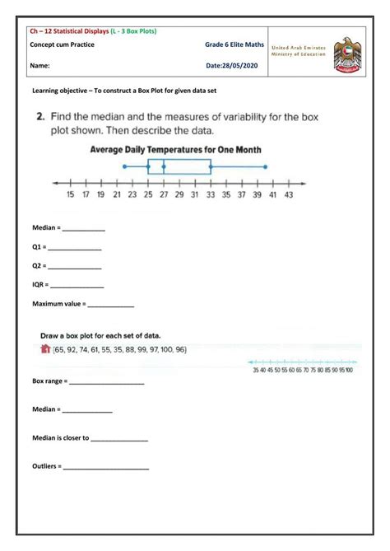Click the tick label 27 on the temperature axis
coord(163,195)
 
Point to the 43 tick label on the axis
coord(288,195)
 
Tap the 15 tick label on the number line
coord(70,195)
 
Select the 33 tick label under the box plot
coord(211,195)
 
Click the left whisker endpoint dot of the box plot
coord(124,166)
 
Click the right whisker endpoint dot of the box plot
coord(266,166)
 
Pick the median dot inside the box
coord(164,166)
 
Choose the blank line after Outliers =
coord(106,469)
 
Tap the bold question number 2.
coord(39,116)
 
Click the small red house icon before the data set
coord(45,349)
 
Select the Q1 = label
coord(38,248)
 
